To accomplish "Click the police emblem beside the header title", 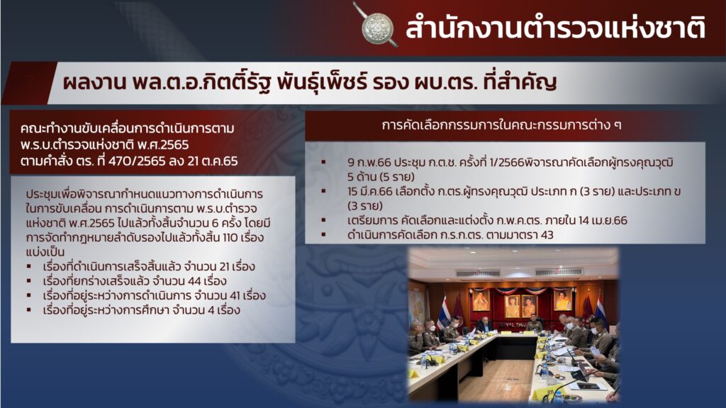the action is coord(376,27).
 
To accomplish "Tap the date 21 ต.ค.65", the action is coord(213,161).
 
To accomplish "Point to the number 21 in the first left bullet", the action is coord(224,266).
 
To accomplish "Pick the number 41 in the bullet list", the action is coord(235,295).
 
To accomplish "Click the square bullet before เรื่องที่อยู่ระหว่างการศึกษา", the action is coord(29,310).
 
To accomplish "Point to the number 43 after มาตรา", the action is coord(547,234).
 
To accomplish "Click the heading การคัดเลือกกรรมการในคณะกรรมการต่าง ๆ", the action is coord(501,125).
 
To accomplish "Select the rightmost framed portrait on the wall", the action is coord(562,300).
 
